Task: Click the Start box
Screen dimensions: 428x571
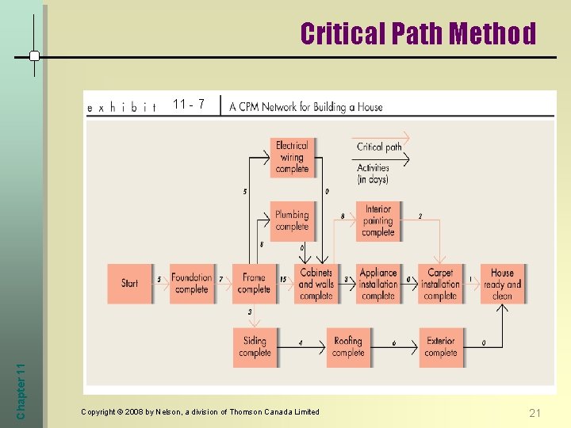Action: (x=130, y=283)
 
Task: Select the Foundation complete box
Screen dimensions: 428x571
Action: (x=192, y=283)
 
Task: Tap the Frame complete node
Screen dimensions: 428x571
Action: (x=254, y=283)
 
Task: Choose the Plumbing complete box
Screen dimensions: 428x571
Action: (x=292, y=220)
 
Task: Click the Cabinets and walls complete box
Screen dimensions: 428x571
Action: (x=316, y=283)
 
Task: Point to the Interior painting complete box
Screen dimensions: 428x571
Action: (x=378, y=220)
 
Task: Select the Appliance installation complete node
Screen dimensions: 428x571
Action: (x=378, y=283)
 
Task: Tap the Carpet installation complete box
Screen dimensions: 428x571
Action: (x=440, y=283)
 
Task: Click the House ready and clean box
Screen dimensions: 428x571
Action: (x=502, y=283)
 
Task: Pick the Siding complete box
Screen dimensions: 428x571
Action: (x=255, y=346)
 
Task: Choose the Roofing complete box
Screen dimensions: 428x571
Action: (x=347, y=346)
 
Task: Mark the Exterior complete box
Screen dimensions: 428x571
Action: (x=440, y=346)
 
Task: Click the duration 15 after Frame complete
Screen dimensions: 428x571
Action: (x=283, y=279)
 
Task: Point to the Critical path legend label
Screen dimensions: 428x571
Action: (x=379, y=147)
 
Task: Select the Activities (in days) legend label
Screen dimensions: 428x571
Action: (x=373, y=174)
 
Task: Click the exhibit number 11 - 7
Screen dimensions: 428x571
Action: (x=189, y=104)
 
